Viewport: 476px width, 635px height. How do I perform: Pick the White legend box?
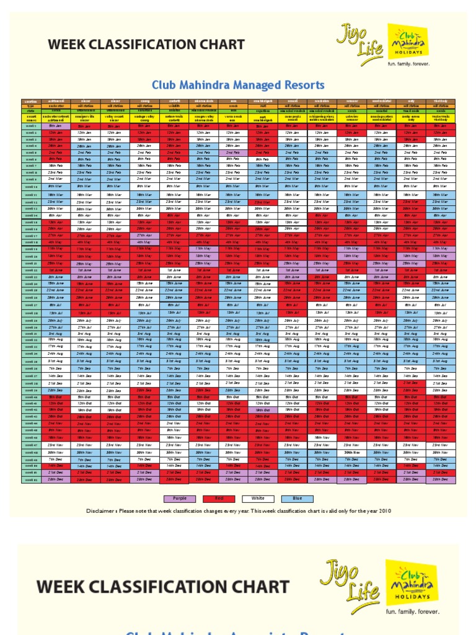[x=259, y=498]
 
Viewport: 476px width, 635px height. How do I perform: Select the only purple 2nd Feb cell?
[x=232, y=153]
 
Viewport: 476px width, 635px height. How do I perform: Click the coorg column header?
[x=144, y=100]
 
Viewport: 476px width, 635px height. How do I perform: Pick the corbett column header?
[x=173, y=100]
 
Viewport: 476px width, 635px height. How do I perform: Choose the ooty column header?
[x=410, y=100]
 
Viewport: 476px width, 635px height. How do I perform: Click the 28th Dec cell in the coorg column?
[x=144, y=479]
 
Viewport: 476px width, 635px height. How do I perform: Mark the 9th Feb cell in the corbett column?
[x=173, y=159]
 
